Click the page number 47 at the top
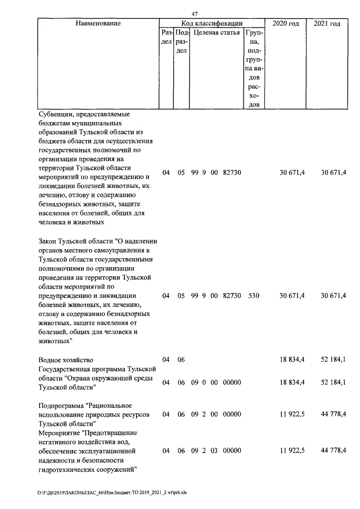pyautogui.click(x=195, y=13)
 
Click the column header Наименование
pyautogui.click(x=98, y=24)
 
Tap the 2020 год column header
pyautogui.click(x=285, y=24)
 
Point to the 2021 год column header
pyautogui.click(x=327, y=24)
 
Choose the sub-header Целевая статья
pyautogui.click(x=216, y=33)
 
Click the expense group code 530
pyautogui.click(x=253, y=295)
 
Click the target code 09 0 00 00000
pyautogui.click(x=216, y=382)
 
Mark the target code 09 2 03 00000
pyautogui.click(x=216, y=451)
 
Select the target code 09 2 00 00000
pyautogui.click(x=216, y=415)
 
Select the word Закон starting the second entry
pyautogui.click(x=50, y=241)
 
